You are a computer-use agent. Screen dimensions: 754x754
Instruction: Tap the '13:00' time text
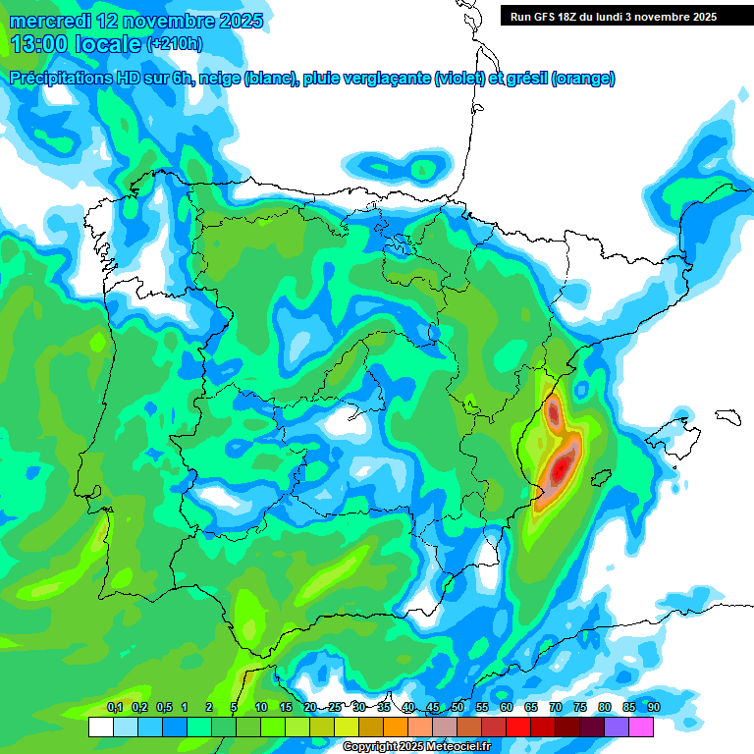pos(40,44)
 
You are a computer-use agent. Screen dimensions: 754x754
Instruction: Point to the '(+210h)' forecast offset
pos(174,44)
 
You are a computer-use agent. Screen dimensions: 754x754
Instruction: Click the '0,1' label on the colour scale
pos(115,708)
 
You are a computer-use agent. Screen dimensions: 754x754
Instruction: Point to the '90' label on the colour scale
pos(653,708)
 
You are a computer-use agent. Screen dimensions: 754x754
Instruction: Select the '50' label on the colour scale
pos(458,708)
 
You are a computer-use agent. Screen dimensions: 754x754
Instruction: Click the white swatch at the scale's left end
pos(100,727)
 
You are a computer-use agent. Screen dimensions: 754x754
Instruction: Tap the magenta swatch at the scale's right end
pos(642,727)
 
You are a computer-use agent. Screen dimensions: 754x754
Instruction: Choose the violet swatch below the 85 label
pos(618,727)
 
